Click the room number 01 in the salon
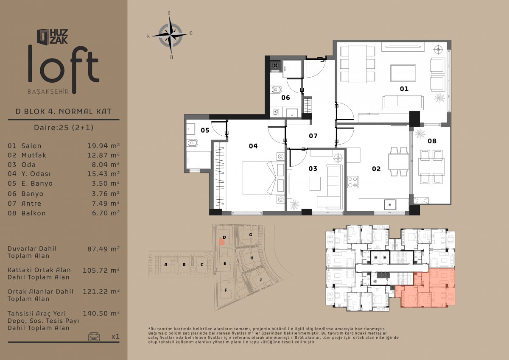[404, 89]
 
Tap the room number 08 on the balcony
[432, 141]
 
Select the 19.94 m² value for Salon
[103, 145]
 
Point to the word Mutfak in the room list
[34, 155]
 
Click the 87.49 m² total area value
[103, 249]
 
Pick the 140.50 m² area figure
[101, 313]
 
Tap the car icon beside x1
[94, 336]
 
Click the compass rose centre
[171, 35]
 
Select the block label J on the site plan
[260, 279]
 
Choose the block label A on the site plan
[166, 264]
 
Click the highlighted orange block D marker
[222, 241]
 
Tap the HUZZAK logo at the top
[53, 36]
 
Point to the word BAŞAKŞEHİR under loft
[48, 92]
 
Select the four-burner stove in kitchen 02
[352, 182]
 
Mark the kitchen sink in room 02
[390, 204]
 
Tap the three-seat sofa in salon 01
[403, 103]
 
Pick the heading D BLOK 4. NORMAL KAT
[64, 112]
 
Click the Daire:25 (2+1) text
[64, 127]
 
